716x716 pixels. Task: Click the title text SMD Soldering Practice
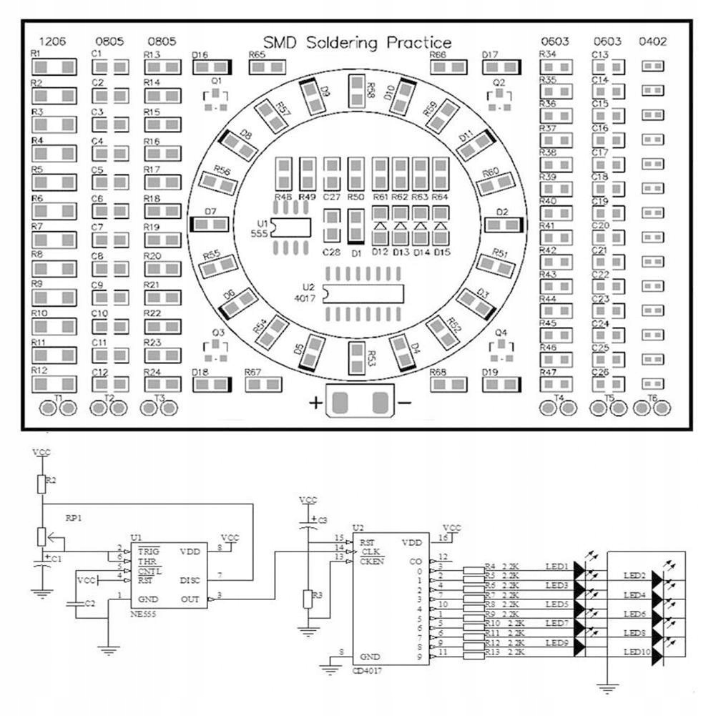click(x=357, y=44)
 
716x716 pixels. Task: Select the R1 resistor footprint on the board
click(x=54, y=67)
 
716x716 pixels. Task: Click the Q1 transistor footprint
click(x=216, y=99)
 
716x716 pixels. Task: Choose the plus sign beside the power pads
click(x=315, y=403)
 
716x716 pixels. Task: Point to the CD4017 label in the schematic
click(x=367, y=672)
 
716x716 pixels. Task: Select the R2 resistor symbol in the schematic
click(x=43, y=484)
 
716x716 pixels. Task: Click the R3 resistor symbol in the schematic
click(x=308, y=599)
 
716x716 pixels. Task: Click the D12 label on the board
click(x=380, y=252)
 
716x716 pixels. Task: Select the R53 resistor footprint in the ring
click(x=357, y=357)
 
